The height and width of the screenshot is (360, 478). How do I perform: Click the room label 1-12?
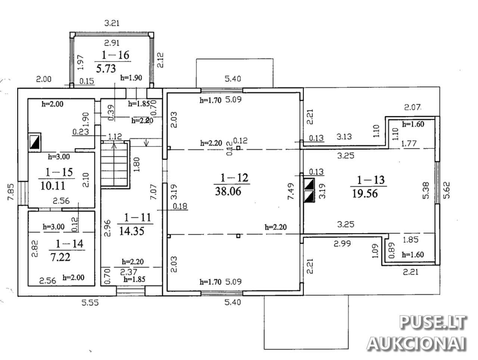click(x=234, y=178)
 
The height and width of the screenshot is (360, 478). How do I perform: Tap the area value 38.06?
click(x=228, y=191)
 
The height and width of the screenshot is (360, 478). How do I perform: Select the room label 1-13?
click(x=371, y=180)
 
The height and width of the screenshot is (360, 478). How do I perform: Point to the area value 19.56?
click(x=365, y=193)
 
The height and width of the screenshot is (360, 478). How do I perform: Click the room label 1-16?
click(x=115, y=55)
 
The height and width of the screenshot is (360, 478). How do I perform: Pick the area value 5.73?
click(x=106, y=68)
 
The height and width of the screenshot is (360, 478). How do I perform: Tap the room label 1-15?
click(x=59, y=172)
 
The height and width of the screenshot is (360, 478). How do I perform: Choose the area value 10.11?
click(x=53, y=186)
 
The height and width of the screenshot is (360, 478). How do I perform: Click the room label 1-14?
click(x=69, y=244)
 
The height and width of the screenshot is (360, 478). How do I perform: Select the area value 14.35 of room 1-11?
click(x=132, y=231)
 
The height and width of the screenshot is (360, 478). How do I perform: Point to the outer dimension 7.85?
click(x=11, y=192)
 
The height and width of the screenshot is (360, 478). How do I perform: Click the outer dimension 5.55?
click(x=90, y=302)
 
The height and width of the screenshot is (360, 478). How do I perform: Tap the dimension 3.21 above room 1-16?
click(x=112, y=23)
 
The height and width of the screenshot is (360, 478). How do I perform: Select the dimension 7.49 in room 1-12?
click(x=291, y=191)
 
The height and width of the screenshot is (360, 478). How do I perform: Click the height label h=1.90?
click(x=131, y=78)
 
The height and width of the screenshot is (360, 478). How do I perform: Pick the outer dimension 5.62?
click(x=446, y=190)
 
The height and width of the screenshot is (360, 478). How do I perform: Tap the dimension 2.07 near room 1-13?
click(x=413, y=107)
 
